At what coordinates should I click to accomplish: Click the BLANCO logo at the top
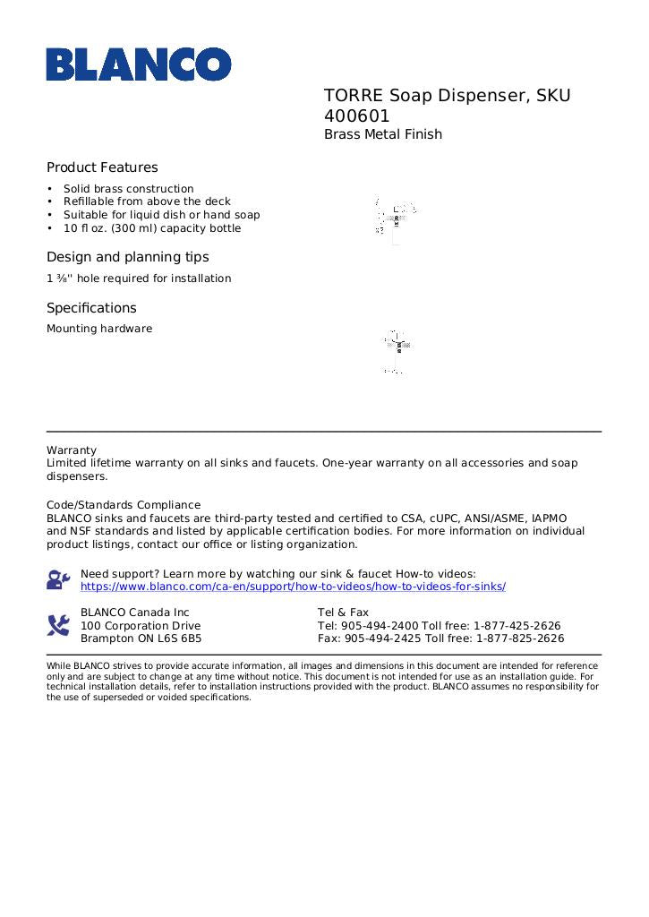pyautogui.click(x=139, y=64)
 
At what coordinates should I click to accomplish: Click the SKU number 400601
pyautogui.click(x=357, y=116)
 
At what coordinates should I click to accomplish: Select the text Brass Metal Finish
pyautogui.click(x=383, y=135)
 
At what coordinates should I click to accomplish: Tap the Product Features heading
pyautogui.click(x=102, y=167)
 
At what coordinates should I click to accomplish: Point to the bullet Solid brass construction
pyautogui.click(x=128, y=189)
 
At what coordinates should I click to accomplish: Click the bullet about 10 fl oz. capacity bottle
pyautogui.click(x=152, y=228)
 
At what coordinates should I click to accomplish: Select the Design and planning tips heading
pyautogui.click(x=127, y=257)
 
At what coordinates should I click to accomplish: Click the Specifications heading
pyautogui.click(x=91, y=308)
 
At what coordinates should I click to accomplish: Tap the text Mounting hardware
pyautogui.click(x=99, y=329)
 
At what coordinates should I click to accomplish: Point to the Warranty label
pyautogui.click(x=72, y=450)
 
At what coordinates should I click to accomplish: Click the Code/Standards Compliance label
pyautogui.click(x=124, y=505)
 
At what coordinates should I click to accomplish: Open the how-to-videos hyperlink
pyautogui.click(x=293, y=587)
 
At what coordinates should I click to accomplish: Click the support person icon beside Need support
pyautogui.click(x=58, y=579)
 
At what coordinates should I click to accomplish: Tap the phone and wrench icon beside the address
pyautogui.click(x=58, y=625)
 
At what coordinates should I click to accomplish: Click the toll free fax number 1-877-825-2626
pyautogui.click(x=520, y=639)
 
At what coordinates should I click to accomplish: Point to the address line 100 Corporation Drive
pyautogui.click(x=141, y=626)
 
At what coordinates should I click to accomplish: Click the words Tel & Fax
pyautogui.click(x=343, y=613)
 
